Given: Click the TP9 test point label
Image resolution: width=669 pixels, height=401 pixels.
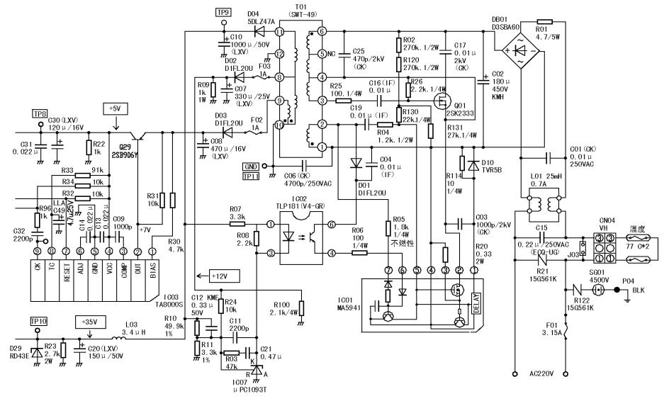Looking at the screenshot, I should pyautogui.click(x=223, y=12).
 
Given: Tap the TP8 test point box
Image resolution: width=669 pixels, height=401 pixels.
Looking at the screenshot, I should pyautogui.click(x=38, y=113).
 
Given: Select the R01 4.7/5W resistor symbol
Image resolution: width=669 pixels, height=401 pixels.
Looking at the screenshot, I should pyautogui.click(x=545, y=22).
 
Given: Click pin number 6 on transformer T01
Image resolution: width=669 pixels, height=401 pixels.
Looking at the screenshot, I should pyautogui.click(x=322, y=32).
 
